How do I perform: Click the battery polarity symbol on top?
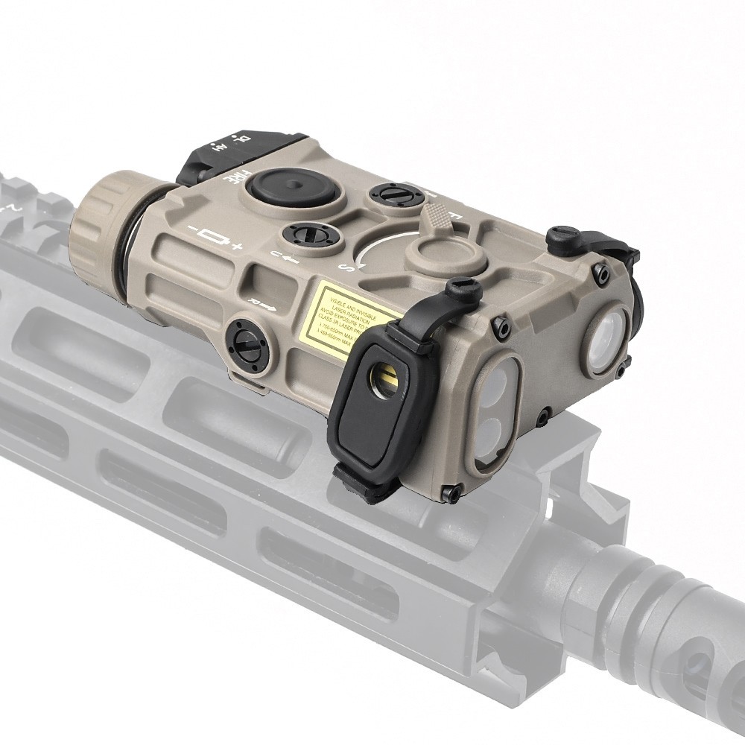point(216,239)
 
